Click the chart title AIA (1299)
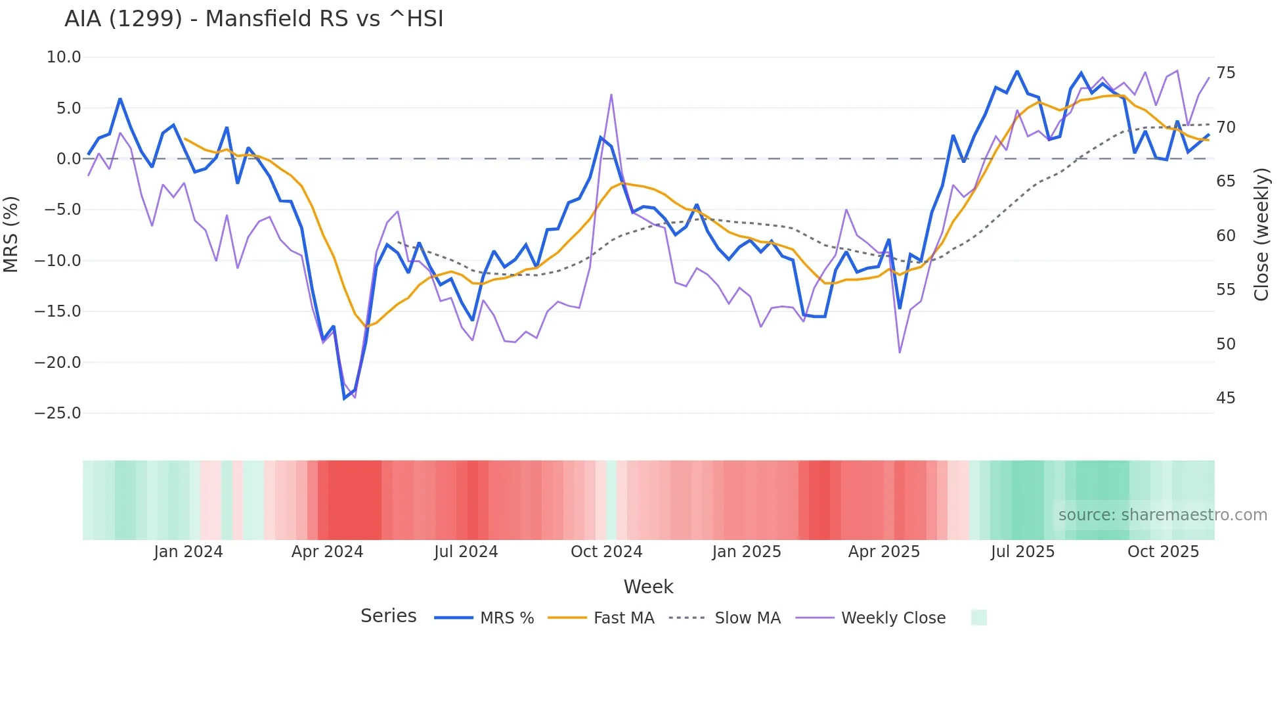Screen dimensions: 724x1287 click(x=253, y=19)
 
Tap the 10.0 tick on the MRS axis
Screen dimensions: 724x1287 click(x=64, y=57)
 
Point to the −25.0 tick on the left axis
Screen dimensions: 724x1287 click(x=58, y=413)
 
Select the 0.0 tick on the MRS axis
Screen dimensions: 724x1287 click(x=68, y=159)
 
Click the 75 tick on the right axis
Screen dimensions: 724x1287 click(x=1225, y=73)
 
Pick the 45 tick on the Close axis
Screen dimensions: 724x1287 click(x=1225, y=398)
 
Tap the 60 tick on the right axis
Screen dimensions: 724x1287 click(x=1225, y=236)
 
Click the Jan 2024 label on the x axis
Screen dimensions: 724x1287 click(x=188, y=552)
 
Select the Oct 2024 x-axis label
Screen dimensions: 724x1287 click(x=606, y=552)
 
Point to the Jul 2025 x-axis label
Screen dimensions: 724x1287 click(x=1022, y=552)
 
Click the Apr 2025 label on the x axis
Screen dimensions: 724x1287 click(x=884, y=552)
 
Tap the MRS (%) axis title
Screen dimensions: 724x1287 click(x=11, y=235)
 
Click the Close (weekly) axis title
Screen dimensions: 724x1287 click(x=1261, y=235)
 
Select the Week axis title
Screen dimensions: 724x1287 click(x=648, y=587)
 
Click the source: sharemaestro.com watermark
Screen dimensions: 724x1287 click(x=1162, y=515)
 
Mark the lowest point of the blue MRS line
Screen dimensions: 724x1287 click(x=345, y=398)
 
